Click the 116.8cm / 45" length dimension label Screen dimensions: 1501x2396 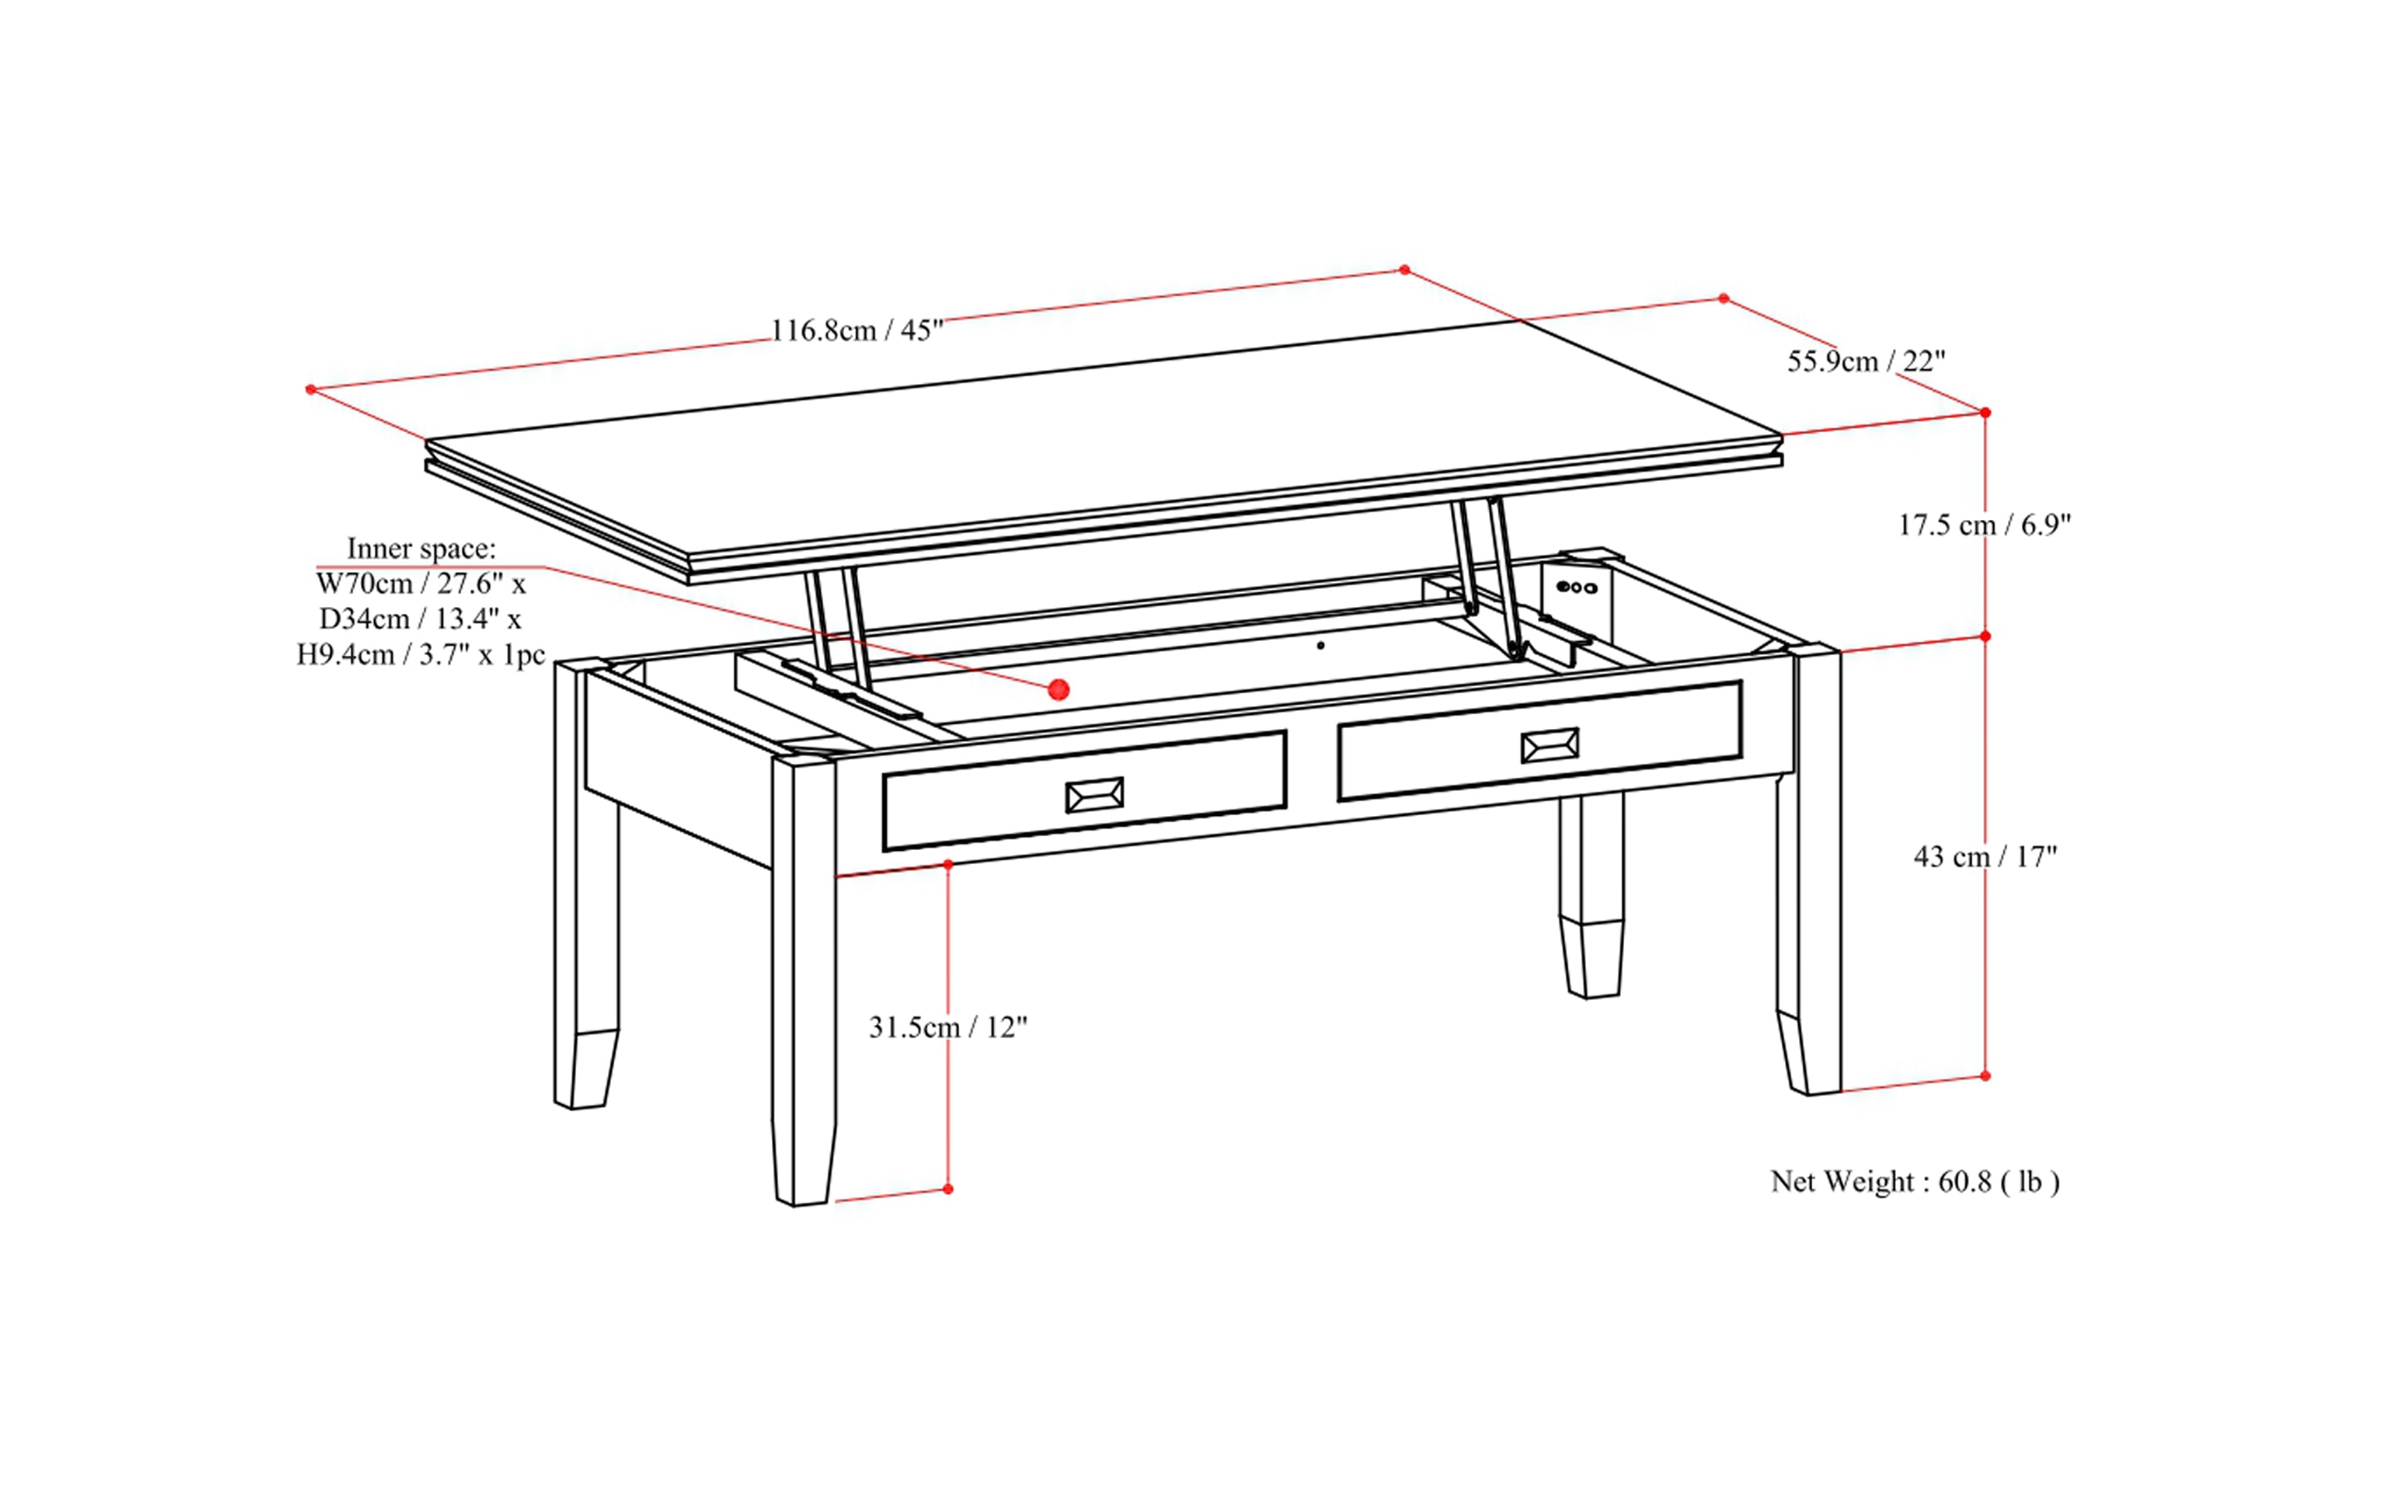coord(856,331)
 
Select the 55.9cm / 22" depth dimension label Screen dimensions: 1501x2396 coord(1866,362)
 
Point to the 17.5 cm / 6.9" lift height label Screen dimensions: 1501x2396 coord(1984,524)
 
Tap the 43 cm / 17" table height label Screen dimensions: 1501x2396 coord(1985,856)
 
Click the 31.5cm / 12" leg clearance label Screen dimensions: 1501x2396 coord(948,1027)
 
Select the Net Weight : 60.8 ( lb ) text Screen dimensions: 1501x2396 coord(1914,1182)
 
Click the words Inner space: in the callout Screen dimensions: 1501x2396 coord(421,548)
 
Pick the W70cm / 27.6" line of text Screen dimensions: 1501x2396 coord(421,583)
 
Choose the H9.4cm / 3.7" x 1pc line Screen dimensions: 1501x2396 coord(421,654)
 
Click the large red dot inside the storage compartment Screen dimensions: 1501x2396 coord(1059,689)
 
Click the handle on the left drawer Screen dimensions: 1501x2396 coord(1094,794)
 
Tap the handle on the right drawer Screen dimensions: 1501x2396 coord(1550,745)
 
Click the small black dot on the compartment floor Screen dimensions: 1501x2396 coord(1320,645)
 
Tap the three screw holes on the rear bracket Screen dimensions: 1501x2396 coord(1576,586)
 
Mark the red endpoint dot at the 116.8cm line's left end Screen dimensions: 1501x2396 coord(311,389)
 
